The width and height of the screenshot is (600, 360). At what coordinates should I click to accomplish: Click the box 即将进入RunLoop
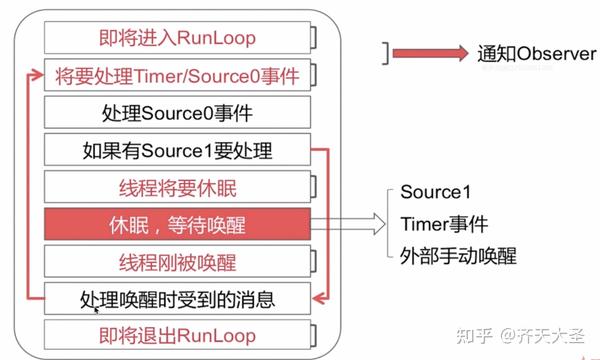(179, 39)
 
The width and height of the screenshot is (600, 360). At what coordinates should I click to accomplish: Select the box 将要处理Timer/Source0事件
(179, 76)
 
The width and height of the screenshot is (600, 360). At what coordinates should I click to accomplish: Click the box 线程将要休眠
(178, 188)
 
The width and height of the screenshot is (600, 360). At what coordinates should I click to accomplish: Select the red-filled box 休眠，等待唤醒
(178, 225)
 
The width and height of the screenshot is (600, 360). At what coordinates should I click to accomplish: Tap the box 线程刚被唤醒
(178, 262)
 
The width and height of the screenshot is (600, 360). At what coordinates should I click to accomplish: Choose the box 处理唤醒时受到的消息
(178, 298)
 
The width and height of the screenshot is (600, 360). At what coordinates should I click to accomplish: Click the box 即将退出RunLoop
(178, 335)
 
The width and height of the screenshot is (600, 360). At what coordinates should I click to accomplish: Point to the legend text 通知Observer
(535, 54)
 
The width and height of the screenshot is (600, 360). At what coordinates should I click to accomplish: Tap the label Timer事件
(439, 223)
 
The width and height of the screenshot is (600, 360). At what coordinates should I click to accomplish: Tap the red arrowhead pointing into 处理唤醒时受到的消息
(320, 298)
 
